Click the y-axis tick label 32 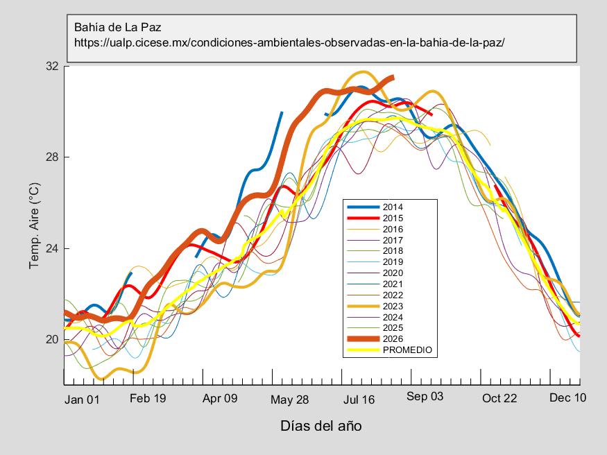click(52, 66)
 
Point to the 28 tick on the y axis click(52, 157)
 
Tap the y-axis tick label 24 click(52, 248)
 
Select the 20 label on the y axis click(52, 339)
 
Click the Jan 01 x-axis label click(82, 400)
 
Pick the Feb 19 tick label click(148, 398)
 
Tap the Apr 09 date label click(220, 398)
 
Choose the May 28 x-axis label click(289, 400)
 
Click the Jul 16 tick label click(359, 400)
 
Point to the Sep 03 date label click(425, 397)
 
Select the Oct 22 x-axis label click(499, 398)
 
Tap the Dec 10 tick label click(568, 397)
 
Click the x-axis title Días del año click(321, 426)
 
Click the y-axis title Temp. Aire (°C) click(35, 225)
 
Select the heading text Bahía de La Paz click(118, 27)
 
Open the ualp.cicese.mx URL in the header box click(289, 42)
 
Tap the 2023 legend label click(393, 306)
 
